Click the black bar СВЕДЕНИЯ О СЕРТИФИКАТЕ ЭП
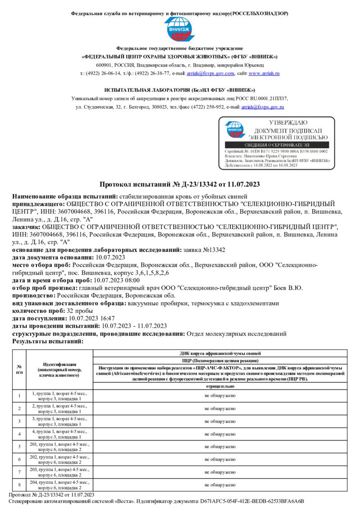coord(277,145)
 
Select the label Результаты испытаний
coord(48,341)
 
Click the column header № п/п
coord(19,370)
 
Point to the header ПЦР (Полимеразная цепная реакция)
coord(220,361)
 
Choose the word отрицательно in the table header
coord(220,386)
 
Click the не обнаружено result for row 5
coord(220,447)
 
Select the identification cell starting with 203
coord(59,472)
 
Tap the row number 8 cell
coord(19,485)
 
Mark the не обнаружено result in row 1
coord(220,396)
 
